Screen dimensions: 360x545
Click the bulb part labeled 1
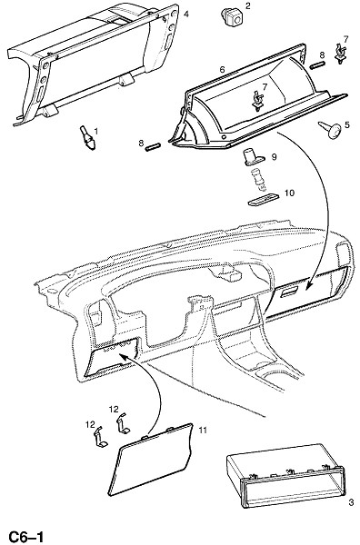pyautogui.click(x=87, y=139)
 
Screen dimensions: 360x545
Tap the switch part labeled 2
pyautogui.click(x=231, y=17)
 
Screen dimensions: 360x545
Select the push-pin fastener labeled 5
pyautogui.click(x=331, y=129)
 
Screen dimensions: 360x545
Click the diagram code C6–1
pyautogui.click(x=26, y=537)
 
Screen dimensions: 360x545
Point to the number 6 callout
pyautogui.click(x=222, y=70)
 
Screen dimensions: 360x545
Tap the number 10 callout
pyautogui.click(x=289, y=193)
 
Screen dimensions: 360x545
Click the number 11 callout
pyautogui.click(x=203, y=431)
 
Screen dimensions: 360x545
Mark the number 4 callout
pyautogui.click(x=186, y=15)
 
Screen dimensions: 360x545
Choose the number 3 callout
pyautogui.click(x=351, y=502)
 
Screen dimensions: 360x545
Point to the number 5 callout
pyautogui.click(x=347, y=124)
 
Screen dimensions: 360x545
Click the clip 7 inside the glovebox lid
pyautogui.click(x=257, y=101)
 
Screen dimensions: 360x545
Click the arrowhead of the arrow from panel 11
pyautogui.click(x=122, y=355)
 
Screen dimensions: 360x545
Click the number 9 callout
pyautogui.click(x=274, y=157)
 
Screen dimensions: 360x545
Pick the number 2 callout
pyautogui.click(x=247, y=5)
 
